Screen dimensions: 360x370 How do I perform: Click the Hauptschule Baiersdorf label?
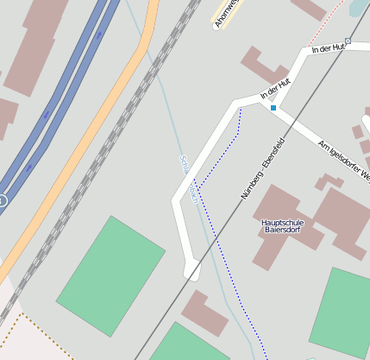coord(282,227)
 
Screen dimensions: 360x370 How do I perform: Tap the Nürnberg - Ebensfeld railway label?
coord(262,167)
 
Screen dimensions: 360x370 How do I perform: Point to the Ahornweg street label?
coord(225,12)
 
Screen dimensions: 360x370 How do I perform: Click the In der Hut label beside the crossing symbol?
coord(326,48)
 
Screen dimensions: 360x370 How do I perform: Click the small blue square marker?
coord(273,108)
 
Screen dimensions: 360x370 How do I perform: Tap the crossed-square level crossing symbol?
coord(348,41)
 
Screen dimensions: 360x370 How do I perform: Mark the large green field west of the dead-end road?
coord(110,275)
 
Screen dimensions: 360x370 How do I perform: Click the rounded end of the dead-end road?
coord(192,271)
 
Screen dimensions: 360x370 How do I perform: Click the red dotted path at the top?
coord(326,25)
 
